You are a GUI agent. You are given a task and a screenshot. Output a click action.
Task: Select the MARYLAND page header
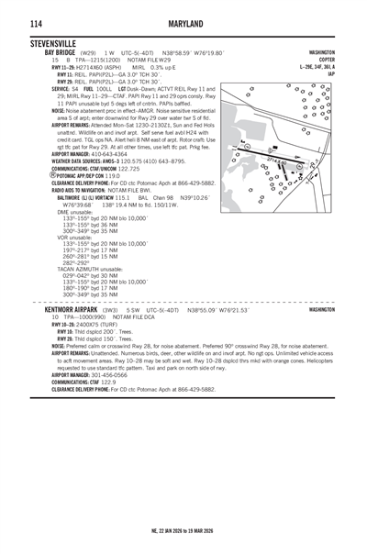coord(183,22)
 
